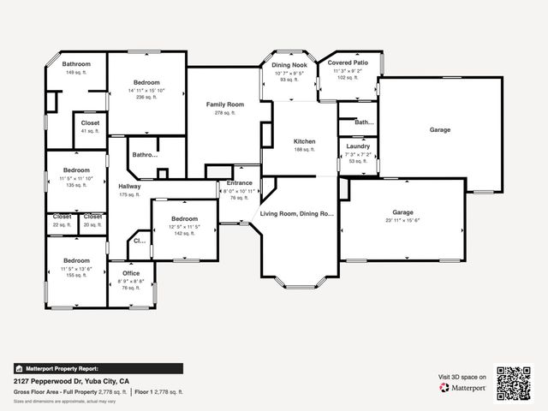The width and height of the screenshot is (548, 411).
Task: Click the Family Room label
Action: click(x=225, y=104)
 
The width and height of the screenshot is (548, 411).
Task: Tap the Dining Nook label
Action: click(x=289, y=65)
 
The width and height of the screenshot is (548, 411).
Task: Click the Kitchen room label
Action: click(x=305, y=141)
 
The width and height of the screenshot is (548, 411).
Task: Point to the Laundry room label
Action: click(x=358, y=146)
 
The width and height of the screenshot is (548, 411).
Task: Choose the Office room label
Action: click(x=130, y=273)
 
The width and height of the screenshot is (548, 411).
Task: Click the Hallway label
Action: click(x=129, y=186)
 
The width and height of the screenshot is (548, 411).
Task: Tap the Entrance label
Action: click(x=240, y=182)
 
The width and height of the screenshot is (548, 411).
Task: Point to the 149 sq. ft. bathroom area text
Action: click(x=76, y=73)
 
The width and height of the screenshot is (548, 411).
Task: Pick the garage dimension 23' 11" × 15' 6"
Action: click(x=402, y=221)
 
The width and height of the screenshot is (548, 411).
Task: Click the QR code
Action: click(x=515, y=383)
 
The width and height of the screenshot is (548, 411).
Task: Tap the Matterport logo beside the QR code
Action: click(x=463, y=387)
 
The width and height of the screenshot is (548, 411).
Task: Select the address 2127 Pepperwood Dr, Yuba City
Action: click(x=71, y=380)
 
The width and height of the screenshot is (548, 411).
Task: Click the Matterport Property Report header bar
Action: click(x=98, y=368)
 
